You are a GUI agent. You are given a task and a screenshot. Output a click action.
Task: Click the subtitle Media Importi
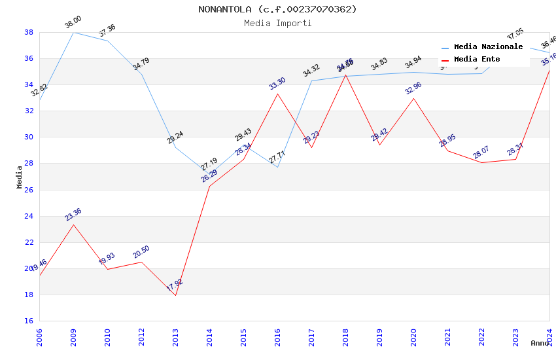pos(277,23)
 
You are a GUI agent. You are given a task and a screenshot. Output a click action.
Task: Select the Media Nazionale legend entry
pos(488,47)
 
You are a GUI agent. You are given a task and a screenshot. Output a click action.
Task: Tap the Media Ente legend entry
pos(477,60)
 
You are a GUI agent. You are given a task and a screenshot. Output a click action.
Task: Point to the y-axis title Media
pos(20,177)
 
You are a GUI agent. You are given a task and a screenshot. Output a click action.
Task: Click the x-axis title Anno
pos(540,343)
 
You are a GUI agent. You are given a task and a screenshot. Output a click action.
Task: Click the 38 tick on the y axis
pos(29,32)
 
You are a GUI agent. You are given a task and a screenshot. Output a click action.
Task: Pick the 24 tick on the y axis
pos(29,216)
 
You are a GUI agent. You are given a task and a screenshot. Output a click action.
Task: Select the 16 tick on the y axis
pos(29,321)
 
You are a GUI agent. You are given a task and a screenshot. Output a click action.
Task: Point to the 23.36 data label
pos(73,215)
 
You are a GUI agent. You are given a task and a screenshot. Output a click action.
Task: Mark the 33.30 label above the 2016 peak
pos(277,84)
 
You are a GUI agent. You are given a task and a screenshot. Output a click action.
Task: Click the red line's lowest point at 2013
pos(175,295)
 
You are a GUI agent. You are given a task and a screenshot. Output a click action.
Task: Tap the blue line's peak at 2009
pos(73,32)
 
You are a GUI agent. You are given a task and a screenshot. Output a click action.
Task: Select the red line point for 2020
pos(413,98)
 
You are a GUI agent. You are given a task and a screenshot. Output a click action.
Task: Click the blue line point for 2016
pos(277,167)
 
